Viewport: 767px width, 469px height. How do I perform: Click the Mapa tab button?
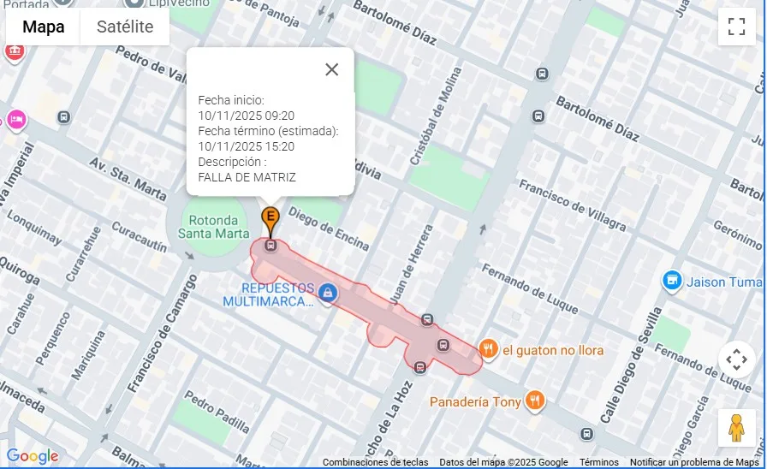[43, 27]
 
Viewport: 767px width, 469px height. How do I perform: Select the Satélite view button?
[125, 27]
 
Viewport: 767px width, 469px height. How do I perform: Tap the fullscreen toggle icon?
[736, 27]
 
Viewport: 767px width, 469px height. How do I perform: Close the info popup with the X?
[332, 69]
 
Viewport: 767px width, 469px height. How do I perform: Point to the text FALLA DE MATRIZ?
[247, 177]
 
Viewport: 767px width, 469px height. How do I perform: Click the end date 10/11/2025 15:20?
[246, 146]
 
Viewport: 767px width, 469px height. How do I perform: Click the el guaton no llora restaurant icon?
[488, 348]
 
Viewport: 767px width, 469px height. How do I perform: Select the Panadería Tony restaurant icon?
[535, 401]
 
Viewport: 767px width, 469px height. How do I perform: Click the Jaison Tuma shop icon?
[672, 281]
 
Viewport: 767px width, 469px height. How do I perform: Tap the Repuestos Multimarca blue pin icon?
[326, 294]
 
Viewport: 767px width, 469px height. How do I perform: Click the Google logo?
[33, 456]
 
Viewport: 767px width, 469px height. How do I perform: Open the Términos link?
[598, 462]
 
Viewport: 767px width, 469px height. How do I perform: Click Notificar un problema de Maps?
[694, 462]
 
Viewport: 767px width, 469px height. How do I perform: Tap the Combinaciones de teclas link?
[375, 462]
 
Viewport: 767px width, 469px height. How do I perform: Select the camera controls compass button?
[736, 359]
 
